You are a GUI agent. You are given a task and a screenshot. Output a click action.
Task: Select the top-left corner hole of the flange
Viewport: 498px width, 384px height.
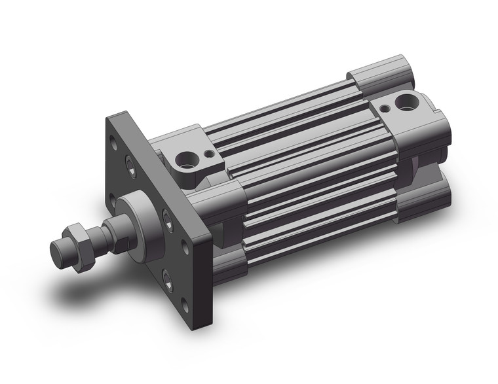116,140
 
